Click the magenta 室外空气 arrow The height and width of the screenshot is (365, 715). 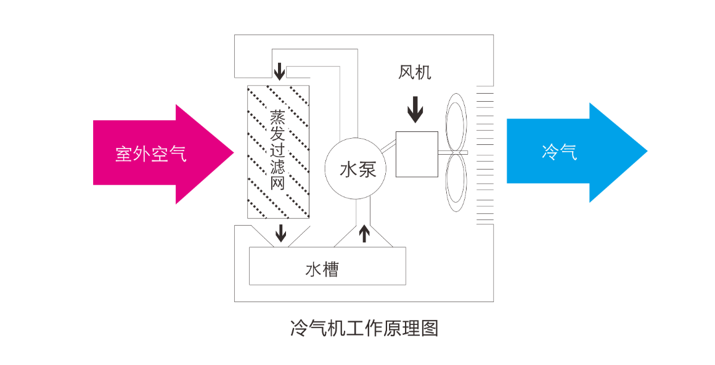coord(163,154)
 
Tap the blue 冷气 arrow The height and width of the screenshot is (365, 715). coord(577,152)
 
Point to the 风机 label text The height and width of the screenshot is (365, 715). coord(414,72)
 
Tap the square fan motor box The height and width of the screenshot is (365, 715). coord(417,154)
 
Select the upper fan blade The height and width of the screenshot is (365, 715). coord(456,122)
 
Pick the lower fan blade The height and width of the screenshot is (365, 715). coord(456,182)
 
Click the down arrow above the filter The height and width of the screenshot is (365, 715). coord(279,72)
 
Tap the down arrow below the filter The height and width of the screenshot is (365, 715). coord(281,233)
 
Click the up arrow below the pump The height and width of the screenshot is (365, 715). coord(364,233)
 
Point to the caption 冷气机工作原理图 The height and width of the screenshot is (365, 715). coord(364,328)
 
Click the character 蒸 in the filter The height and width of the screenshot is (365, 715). coord(278,117)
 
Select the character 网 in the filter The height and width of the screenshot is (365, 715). coord(278,182)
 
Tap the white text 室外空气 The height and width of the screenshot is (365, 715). coord(151,154)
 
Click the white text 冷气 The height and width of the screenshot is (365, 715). coord(560,152)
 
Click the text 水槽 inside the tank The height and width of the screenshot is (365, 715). coord(322,269)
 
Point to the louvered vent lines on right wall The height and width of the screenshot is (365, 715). coord(485,155)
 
